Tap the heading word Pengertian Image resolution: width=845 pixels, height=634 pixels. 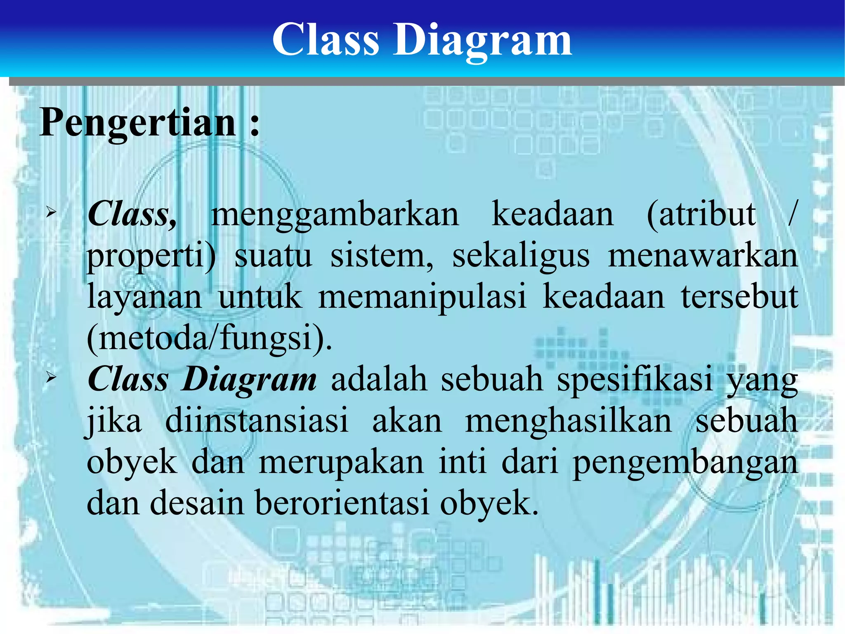(x=138, y=122)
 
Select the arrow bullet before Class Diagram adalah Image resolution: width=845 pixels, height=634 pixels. (x=51, y=377)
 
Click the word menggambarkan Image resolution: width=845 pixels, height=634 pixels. (x=335, y=215)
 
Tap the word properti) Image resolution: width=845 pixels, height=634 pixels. (x=151, y=257)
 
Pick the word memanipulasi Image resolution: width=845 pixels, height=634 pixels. (x=422, y=297)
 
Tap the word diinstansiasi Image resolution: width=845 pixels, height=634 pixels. (x=257, y=420)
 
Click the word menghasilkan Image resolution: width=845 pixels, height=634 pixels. (x=569, y=420)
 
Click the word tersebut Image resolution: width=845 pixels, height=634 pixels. (x=739, y=297)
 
